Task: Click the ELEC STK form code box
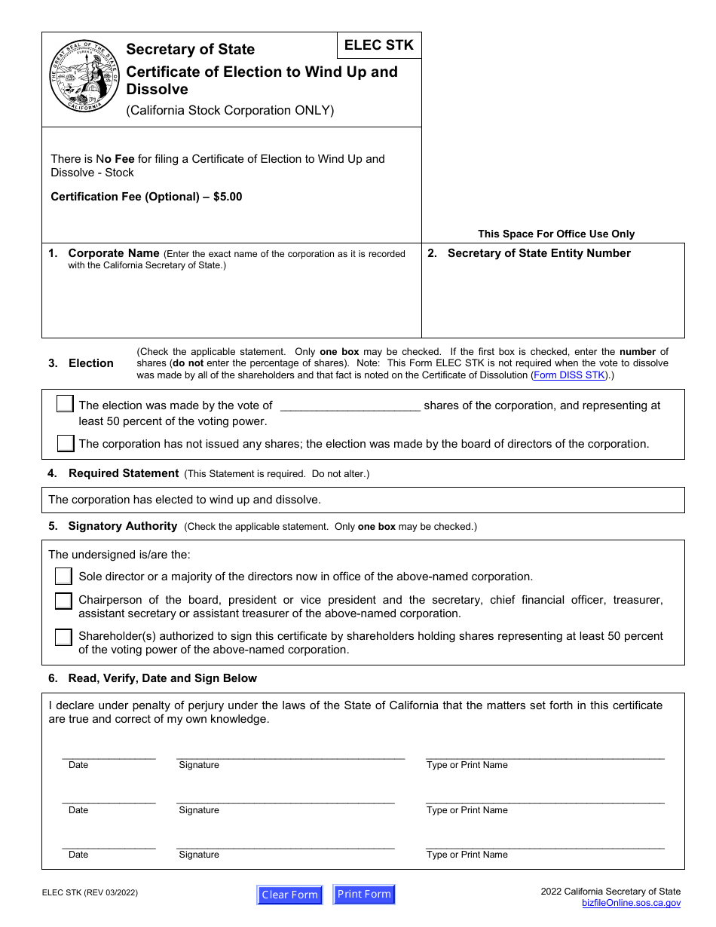[379, 45]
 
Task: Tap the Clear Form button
[289, 895]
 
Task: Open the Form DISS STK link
[569, 375]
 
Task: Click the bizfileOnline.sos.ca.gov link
[631, 903]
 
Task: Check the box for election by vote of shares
[65, 405]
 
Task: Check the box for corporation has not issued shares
[66, 443]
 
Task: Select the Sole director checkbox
[64, 577]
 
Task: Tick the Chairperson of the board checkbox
[64, 601]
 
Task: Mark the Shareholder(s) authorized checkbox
[64, 637]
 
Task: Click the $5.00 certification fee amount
[228, 197]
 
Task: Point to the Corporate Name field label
[113, 253]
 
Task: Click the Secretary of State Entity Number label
[538, 253]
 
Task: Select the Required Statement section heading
[123, 473]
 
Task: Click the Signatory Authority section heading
[122, 526]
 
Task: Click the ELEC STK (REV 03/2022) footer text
[90, 893]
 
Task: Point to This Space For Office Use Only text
[555, 234]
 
